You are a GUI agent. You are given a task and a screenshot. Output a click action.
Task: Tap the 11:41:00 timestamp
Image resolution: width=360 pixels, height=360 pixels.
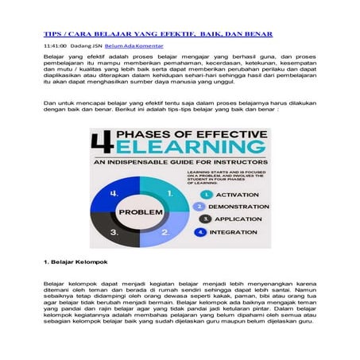pos(55,47)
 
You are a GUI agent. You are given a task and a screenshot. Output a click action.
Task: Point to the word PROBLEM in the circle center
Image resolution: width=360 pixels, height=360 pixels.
pos(140,213)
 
